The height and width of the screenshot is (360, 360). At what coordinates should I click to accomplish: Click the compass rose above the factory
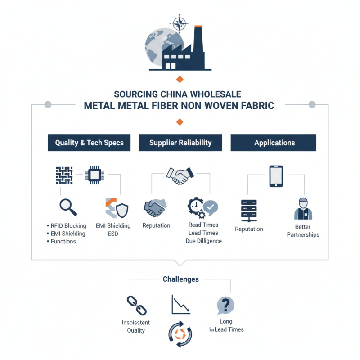pos(179,23)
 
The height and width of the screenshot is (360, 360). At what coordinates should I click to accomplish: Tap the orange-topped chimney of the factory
pos(198,39)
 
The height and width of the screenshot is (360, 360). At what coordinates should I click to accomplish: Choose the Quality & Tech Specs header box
pos(89,143)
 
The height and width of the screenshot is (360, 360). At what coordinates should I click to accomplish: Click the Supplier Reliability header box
pos(180,143)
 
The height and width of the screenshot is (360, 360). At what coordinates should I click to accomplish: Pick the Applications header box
pos(274,143)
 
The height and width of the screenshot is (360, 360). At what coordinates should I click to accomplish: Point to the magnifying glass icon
pos(68,207)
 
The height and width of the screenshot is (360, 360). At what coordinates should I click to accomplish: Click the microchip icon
pos(94,175)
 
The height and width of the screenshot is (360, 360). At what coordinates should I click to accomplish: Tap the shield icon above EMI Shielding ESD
pos(122,210)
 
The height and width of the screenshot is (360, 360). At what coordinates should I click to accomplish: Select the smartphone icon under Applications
pos(276,176)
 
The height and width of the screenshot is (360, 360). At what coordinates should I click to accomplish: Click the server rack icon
pos(249,211)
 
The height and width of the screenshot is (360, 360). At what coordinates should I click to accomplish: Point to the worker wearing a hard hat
pos(303,208)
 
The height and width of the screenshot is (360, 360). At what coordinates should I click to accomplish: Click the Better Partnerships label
pos(303,231)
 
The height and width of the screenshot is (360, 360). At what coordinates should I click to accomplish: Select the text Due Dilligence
pos(204,241)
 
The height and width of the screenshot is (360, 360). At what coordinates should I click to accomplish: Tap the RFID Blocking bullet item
pos(67,226)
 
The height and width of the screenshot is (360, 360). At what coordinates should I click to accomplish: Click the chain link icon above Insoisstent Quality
pos(137,306)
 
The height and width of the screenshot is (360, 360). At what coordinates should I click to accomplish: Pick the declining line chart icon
pos(181,305)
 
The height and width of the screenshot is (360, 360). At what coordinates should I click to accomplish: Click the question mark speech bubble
pos(225,306)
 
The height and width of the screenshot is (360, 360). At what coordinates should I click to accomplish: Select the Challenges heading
pos(181,279)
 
